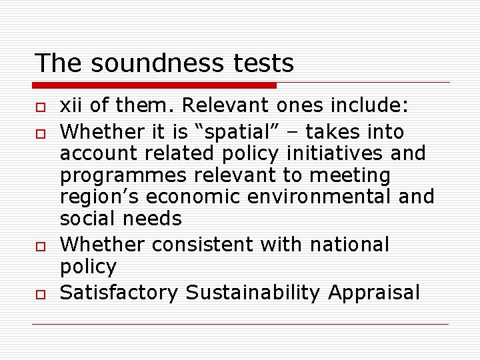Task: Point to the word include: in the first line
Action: (377, 105)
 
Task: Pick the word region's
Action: (100, 197)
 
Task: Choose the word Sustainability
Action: (255, 293)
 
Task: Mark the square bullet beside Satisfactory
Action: (39, 294)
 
